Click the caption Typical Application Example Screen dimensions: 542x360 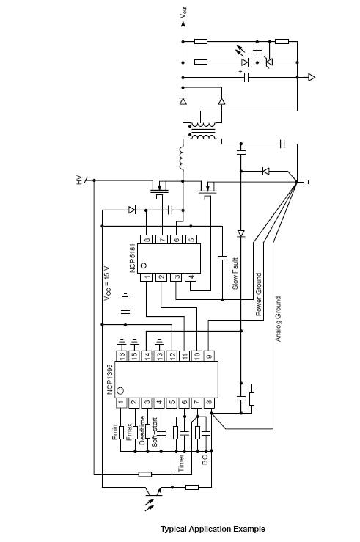[x=213, y=529]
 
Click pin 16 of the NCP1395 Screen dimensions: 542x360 [x=122, y=355]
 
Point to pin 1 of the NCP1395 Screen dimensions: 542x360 [x=122, y=402]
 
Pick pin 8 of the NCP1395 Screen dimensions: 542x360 [x=210, y=402]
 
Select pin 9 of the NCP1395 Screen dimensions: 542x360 [x=210, y=355]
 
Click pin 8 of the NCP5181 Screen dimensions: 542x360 [x=147, y=238]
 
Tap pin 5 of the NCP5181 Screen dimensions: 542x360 [x=192, y=238]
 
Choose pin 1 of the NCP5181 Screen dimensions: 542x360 [x=147, y=277]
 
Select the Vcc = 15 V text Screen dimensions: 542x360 [x=108, y=282]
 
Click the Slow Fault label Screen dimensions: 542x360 [x=235, y=274]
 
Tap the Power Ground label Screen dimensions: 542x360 [x=258, y=293]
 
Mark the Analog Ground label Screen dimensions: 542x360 [x=278, y=319]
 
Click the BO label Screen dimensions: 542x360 [x=205, y=460]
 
